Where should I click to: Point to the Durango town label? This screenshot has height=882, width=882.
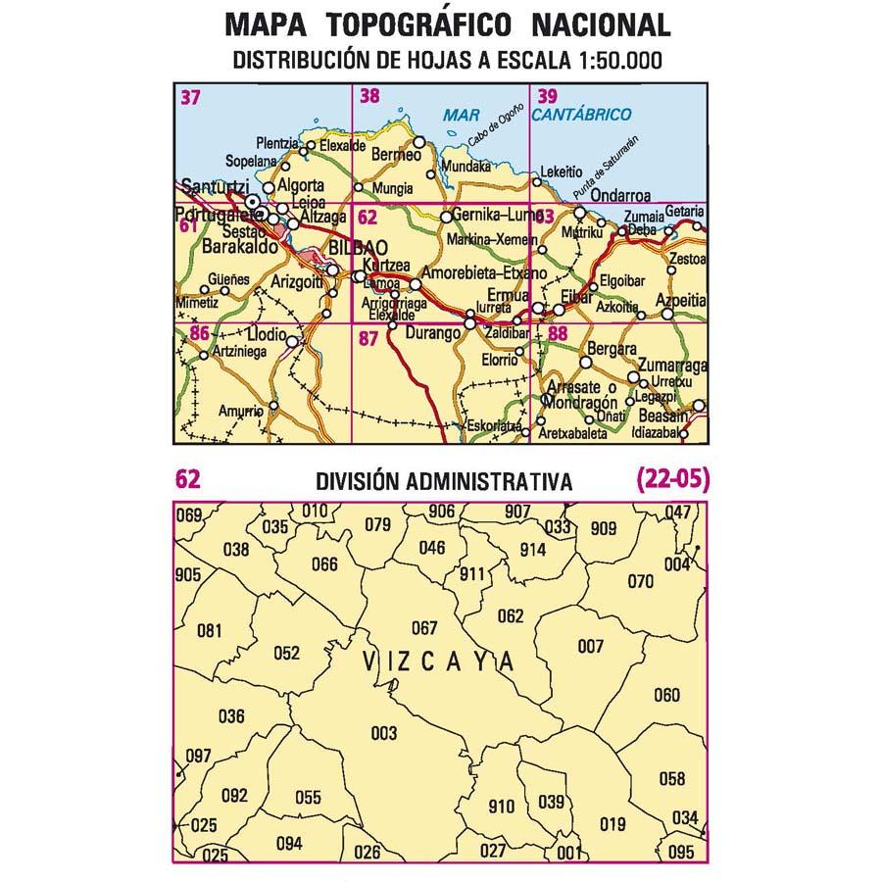point(431,334)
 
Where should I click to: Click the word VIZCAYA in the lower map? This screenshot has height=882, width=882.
point(438,662)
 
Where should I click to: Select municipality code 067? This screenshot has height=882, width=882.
point(423,628)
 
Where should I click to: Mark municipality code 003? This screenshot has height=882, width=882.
point(384,733)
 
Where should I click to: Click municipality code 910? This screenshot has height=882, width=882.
point(500,807)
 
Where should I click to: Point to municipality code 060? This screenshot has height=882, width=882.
point(666,696)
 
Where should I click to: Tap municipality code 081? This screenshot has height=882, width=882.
point(209,630)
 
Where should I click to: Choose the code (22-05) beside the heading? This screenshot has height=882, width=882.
point(671,479)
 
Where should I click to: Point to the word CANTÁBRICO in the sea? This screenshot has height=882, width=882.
point(582,115)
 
